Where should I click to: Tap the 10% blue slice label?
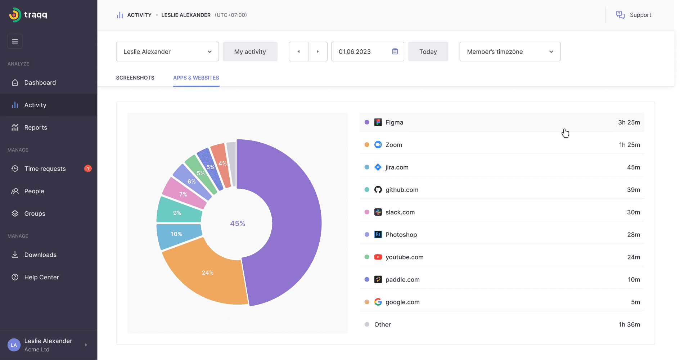click(176, 234)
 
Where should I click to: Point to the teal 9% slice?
click(177, 213)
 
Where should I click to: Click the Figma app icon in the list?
click(378, 122)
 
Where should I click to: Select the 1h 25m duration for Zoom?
click(629, 145)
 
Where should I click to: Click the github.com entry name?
click(402, 190)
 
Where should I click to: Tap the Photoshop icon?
click(378, 235)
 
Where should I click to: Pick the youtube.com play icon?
click(378, 257)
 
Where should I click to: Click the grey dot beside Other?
click(367, 324)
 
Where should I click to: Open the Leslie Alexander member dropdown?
click(167, 51)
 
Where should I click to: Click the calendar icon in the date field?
click(395, 51)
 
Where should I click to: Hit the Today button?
click(428, 51)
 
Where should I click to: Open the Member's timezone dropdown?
click(510, 51)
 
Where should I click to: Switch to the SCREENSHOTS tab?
click(135, 78)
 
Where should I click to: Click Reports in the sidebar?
click(36, 127)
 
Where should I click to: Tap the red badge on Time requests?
click(88, 168)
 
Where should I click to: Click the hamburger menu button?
click(15, 41)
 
